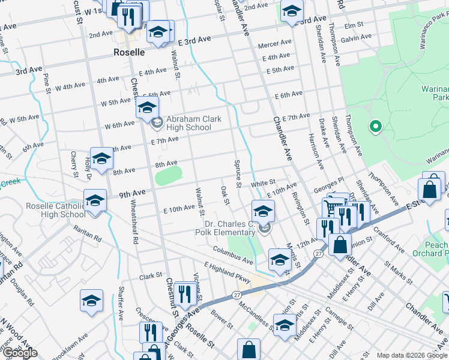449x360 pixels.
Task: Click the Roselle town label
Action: point(129,52)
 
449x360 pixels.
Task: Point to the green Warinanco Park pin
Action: point(376,127)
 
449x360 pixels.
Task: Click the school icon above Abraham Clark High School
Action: point(146,108)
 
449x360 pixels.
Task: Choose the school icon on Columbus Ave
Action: point(279,259)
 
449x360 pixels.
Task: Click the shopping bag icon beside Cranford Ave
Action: point(340,245)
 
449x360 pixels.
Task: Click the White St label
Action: point(263,182)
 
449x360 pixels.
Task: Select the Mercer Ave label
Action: point(274,44)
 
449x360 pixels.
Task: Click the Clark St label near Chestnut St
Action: point(151,277)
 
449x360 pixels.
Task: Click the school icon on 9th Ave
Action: point(94,200)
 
